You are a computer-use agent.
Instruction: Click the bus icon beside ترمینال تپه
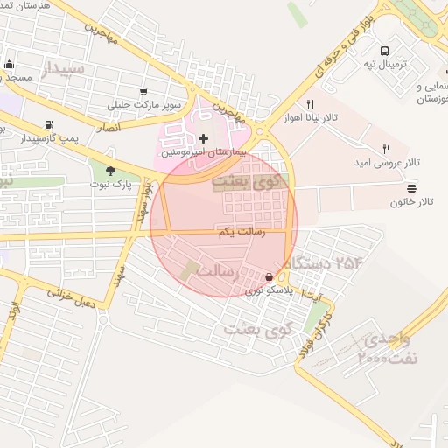(x=385, y=51)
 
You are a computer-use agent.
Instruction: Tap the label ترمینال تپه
(x=385, y=66)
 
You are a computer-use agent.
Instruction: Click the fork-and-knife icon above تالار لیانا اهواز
(x=310, y=104)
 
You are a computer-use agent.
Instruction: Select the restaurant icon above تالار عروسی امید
(x=386, y=150)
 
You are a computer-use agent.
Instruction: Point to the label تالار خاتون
(x=412, y=202)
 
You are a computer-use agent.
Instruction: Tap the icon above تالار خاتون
(x=411, y=187)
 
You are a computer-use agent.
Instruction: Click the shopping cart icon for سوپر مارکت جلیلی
(x=143, y=91)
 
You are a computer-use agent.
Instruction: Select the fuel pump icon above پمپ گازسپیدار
(x=48, y=124)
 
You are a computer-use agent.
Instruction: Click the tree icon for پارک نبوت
(x=110, y=170)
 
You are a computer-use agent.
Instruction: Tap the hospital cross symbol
(x=204, y=138)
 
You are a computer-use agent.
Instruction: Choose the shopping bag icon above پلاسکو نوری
(x=255, y=276)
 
